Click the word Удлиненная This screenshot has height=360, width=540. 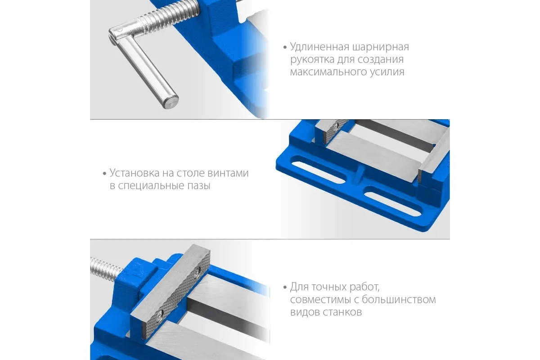click(x=319, y=47)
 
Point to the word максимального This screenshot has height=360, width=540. click(x=328, y=72)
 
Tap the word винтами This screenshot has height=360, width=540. click(x=228, y=173)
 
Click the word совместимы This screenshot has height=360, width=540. click(x=320, y=300)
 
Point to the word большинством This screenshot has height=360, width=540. click(x=399, y=300)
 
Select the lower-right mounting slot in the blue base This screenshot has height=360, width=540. click(x=393, y=201)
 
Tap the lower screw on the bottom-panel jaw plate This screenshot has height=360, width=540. click(x=160, y=315)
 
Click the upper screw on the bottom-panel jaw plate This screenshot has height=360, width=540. click(x=198, y=271)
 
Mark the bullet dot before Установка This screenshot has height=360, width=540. click(x=104, y=173)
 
